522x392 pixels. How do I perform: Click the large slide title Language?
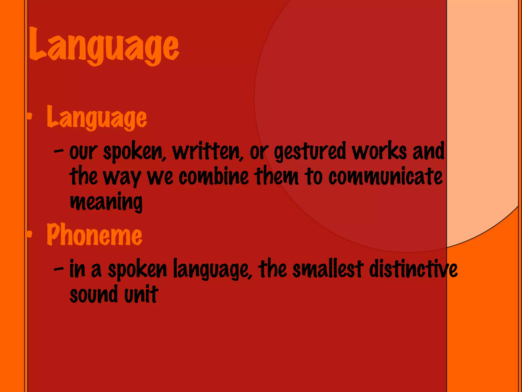[104, 46]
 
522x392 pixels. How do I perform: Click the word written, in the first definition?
[208, 152]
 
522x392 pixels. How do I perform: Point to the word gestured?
[310, 152]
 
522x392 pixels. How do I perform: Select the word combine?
[214, 177]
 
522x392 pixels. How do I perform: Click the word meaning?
[106, 202]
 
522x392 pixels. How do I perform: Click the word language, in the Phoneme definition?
[213, 269]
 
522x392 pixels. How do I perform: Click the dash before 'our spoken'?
[59, 152]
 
